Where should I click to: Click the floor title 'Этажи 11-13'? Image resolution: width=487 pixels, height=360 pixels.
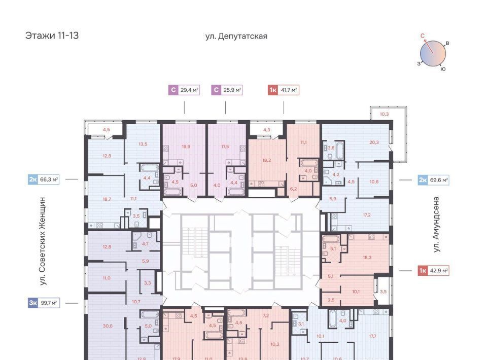point(52,35)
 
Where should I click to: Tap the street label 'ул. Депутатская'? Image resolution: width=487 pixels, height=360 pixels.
point(236,37)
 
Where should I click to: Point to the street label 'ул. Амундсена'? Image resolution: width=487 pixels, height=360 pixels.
point(436,224)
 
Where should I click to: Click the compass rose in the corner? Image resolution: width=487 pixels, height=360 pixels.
point(433,53)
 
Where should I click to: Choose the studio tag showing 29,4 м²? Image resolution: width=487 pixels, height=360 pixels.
point(184,90)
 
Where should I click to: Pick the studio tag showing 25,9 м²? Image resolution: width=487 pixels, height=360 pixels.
point(227,90)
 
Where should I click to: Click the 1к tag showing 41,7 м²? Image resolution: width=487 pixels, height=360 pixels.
point(283,90)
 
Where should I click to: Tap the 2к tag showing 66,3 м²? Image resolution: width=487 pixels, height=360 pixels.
point(44,179)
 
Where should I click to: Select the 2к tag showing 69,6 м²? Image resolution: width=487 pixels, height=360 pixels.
point(434,179)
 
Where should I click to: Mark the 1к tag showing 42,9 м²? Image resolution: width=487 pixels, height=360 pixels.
point(434,271)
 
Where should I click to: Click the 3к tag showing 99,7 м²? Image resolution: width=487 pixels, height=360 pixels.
point(44,303)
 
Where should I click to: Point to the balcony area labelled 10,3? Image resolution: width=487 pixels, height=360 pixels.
point(384,114)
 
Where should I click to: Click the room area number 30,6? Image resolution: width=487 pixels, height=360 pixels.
point(108,326)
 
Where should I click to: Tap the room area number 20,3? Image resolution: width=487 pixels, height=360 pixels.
point(374,142)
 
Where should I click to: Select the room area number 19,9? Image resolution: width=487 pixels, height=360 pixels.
point(186,147)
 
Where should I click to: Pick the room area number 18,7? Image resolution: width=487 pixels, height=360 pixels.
point(107,199)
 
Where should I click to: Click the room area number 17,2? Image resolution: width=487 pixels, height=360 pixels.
point(366,215)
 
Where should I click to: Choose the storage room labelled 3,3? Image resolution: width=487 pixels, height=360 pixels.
point(147,283)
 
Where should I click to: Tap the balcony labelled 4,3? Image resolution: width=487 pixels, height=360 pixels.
point(266,130)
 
